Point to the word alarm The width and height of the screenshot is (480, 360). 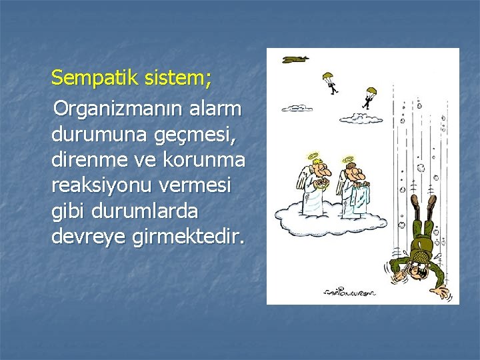point(219,107)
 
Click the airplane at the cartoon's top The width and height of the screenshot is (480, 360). point(295,59)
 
